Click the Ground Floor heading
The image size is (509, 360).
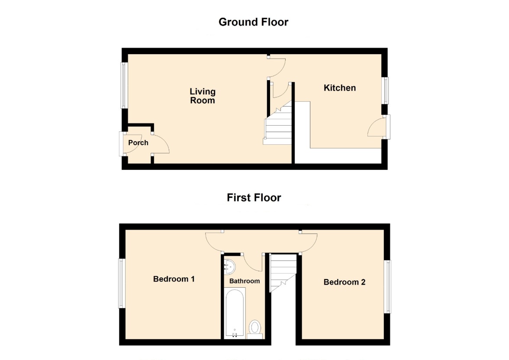(253, 22)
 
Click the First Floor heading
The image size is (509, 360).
(254, 198)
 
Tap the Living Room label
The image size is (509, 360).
(203, 96)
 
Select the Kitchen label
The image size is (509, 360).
(339, 88)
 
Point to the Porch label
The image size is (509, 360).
(139, 143)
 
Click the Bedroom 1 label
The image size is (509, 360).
(174, 279)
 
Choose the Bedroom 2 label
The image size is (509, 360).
(345, 282)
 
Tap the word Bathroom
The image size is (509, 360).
(245, 281)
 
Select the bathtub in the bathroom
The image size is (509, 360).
(235, 313)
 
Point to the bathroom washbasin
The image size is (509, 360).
(229, 267)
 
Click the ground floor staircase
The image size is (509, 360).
(278, 123)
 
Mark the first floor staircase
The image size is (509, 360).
(283, 273)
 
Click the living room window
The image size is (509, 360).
(124, 85)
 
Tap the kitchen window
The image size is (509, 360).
(386, 90)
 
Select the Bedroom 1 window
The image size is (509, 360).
(121, 283)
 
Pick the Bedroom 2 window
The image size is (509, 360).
(388, 287)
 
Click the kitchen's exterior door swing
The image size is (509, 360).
(376, 127)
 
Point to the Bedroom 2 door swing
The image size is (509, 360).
(308, 242)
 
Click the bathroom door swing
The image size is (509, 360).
(252, 263)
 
